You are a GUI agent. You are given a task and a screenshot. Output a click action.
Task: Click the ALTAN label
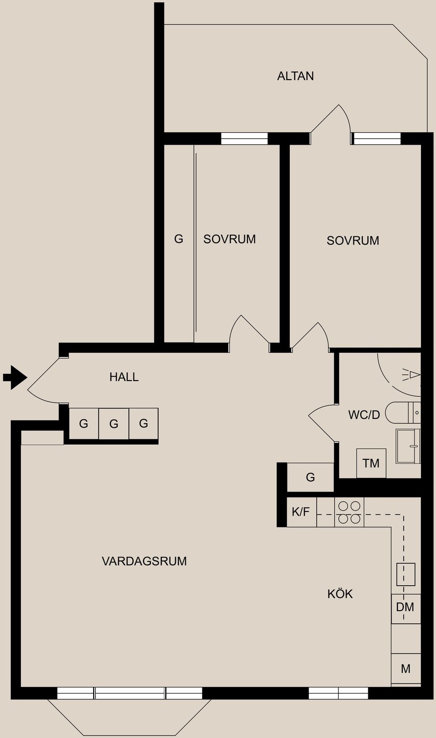295,76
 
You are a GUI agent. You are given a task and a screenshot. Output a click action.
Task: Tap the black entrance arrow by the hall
15,377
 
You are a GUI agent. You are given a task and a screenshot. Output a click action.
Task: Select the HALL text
124,377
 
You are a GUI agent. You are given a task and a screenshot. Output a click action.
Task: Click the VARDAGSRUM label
144,561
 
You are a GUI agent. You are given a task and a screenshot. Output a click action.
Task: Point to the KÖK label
340,594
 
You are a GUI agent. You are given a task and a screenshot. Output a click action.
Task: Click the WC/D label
364,415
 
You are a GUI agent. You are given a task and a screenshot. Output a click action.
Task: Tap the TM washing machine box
371,463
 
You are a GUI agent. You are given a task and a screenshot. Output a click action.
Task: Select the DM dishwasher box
405,607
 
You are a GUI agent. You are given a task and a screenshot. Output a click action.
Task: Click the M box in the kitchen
406,669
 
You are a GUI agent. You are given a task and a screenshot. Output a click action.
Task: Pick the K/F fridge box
301,512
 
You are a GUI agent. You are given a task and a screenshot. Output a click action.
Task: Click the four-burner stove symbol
349,512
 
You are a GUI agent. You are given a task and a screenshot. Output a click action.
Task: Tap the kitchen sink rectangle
406,574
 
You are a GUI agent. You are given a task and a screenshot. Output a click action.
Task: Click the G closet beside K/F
311,477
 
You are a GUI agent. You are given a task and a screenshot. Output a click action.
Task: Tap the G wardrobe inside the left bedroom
179,239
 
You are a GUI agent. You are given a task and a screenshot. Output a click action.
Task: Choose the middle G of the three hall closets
114,424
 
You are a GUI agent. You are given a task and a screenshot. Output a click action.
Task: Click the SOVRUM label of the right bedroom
353,241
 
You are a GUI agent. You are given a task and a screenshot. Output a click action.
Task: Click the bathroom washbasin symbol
407,446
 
